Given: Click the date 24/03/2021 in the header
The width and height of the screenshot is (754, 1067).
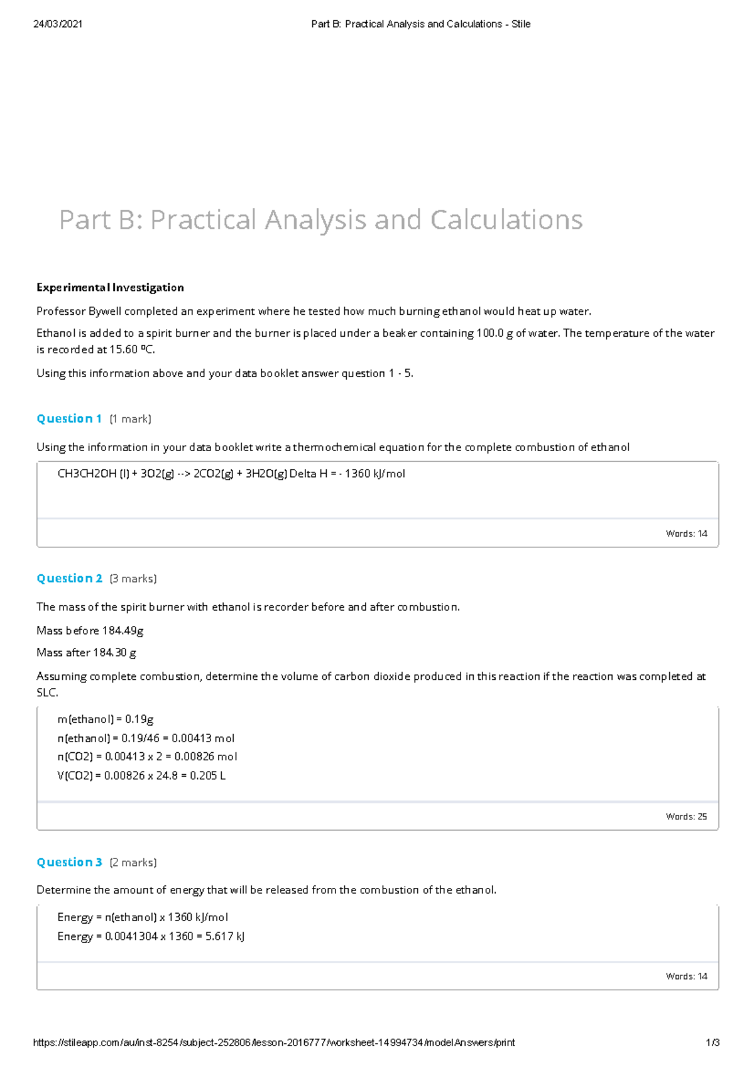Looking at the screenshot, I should coord(58,24).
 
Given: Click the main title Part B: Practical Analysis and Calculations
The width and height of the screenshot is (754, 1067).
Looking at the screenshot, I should coord(320,220).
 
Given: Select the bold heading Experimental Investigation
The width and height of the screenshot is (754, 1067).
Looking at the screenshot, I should coord(110,288).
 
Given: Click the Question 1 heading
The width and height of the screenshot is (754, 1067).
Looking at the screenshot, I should coord(69,419).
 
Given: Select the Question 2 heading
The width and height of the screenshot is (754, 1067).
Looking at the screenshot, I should coord(69,579).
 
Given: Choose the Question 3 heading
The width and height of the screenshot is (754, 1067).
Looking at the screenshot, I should coord(69,863).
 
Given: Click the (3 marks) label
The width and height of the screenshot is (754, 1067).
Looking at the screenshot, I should coord(133,579).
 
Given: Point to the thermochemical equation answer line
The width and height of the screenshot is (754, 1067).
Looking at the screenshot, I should coord(231,474).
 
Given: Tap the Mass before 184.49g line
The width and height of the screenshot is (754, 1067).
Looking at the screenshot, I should coord(90,631).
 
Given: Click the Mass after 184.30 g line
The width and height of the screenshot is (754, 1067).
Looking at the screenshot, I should coord(87,653).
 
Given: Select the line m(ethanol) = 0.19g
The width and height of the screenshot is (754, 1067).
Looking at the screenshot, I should coord(105,720).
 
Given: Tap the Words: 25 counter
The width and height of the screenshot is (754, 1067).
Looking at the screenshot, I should coord(686,817).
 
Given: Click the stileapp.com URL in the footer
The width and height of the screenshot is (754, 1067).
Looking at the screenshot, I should coord(274,1043).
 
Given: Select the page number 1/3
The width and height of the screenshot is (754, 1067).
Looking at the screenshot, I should coord(713,1043).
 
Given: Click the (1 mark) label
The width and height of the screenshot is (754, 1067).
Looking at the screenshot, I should coord(130,419).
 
